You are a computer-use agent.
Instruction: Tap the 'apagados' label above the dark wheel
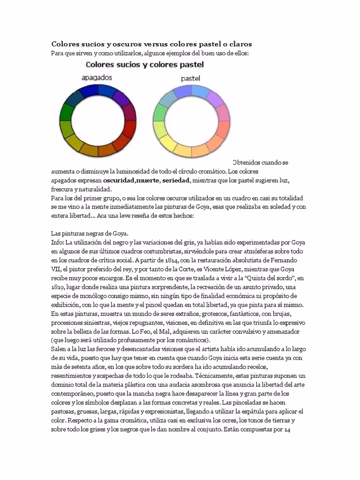(97, 77)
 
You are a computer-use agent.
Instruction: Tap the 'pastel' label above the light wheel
(190, 78)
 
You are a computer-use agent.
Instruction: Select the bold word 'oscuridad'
(119, 180)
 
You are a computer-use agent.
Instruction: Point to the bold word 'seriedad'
(176, 180)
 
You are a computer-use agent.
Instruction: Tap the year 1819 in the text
(59, 287)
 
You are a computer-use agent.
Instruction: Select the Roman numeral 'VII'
(57, 269)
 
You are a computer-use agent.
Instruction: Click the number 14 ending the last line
(288, 430)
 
